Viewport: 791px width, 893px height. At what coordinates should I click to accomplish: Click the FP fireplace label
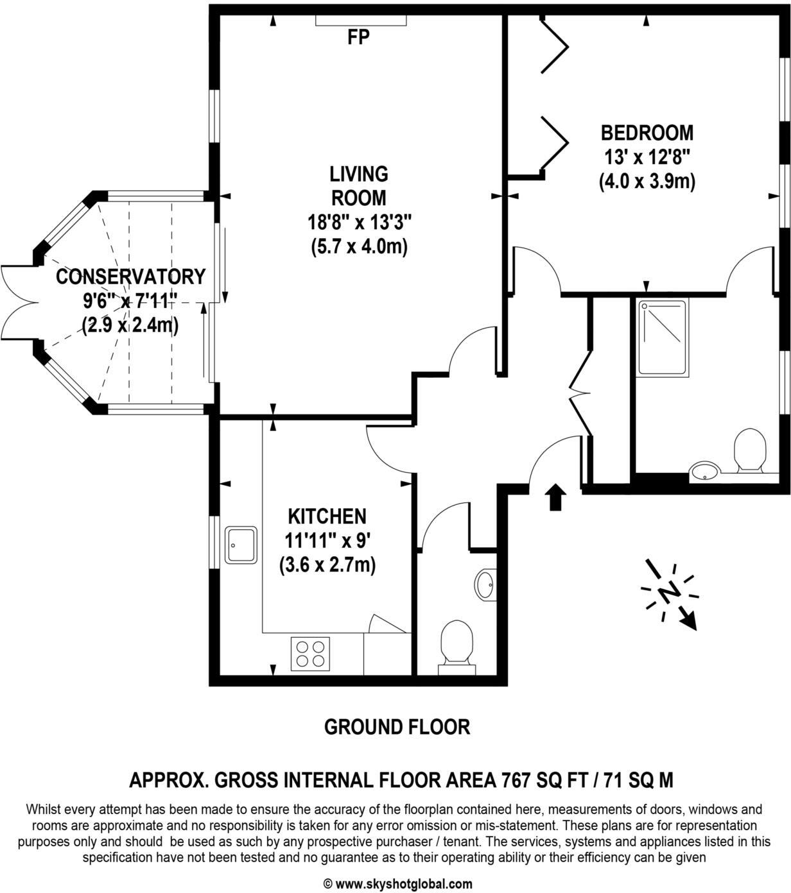358,38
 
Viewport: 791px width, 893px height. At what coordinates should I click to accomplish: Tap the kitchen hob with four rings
311,654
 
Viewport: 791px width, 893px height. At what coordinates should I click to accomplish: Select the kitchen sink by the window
241,545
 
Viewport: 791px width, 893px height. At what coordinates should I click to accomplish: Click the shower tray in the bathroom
662,337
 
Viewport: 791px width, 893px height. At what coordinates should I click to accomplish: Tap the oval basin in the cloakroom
485,584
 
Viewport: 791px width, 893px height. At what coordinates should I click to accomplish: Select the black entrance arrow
555,497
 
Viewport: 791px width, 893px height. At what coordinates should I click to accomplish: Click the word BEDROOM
647,133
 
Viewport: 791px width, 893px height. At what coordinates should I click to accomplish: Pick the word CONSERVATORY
130,276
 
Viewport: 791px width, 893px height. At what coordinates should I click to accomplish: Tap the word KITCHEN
327,516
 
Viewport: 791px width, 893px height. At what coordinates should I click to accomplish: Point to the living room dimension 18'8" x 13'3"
359,222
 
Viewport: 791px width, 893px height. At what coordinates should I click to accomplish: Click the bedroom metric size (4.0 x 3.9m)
647,182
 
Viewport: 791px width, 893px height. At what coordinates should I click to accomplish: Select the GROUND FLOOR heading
397,727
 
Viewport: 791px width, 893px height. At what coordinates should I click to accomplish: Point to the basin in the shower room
704,473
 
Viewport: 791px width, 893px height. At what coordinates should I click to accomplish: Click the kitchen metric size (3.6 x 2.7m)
327,565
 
